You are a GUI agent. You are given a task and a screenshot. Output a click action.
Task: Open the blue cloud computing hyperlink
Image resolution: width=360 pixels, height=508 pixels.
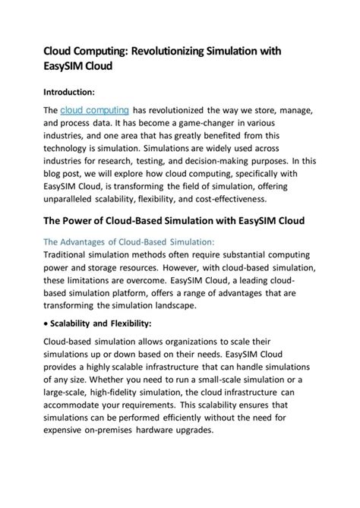[94, 110]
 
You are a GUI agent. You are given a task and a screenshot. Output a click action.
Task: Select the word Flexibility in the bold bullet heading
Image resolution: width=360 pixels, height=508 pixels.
[128, 323]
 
